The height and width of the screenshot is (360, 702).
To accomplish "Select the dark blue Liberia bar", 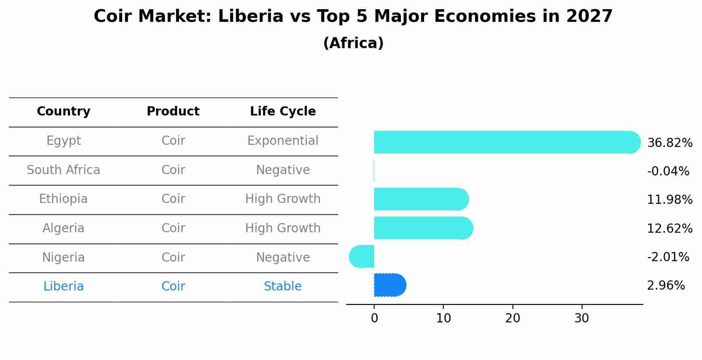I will pos(390,285).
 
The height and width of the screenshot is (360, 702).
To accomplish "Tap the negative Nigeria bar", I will pos(362,256).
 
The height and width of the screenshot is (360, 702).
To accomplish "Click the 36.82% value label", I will pos(670,143).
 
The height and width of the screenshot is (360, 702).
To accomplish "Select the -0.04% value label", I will pos(668,171).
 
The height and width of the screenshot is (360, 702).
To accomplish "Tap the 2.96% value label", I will pos(666,286).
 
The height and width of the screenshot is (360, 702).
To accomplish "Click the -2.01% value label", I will pos(668,257).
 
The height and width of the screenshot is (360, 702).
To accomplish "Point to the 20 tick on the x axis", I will pos(512,318).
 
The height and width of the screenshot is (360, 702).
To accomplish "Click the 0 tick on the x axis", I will pos(374,318).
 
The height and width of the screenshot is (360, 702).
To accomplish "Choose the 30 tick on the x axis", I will pos(582,318).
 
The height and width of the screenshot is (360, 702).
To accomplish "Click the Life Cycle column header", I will pos(283,112).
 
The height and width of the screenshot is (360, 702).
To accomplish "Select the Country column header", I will pos(63,112).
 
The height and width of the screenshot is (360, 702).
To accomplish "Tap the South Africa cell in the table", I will pos(63,170).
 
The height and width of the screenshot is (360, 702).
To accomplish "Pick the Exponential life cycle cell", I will pos(283,141).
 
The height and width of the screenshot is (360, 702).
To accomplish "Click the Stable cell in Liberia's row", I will pos(283,287).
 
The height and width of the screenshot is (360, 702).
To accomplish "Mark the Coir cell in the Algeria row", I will pos(173,228).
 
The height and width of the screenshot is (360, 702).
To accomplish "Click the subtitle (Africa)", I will pos(353,43).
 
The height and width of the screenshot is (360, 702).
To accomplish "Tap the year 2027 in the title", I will pos(589,17).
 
